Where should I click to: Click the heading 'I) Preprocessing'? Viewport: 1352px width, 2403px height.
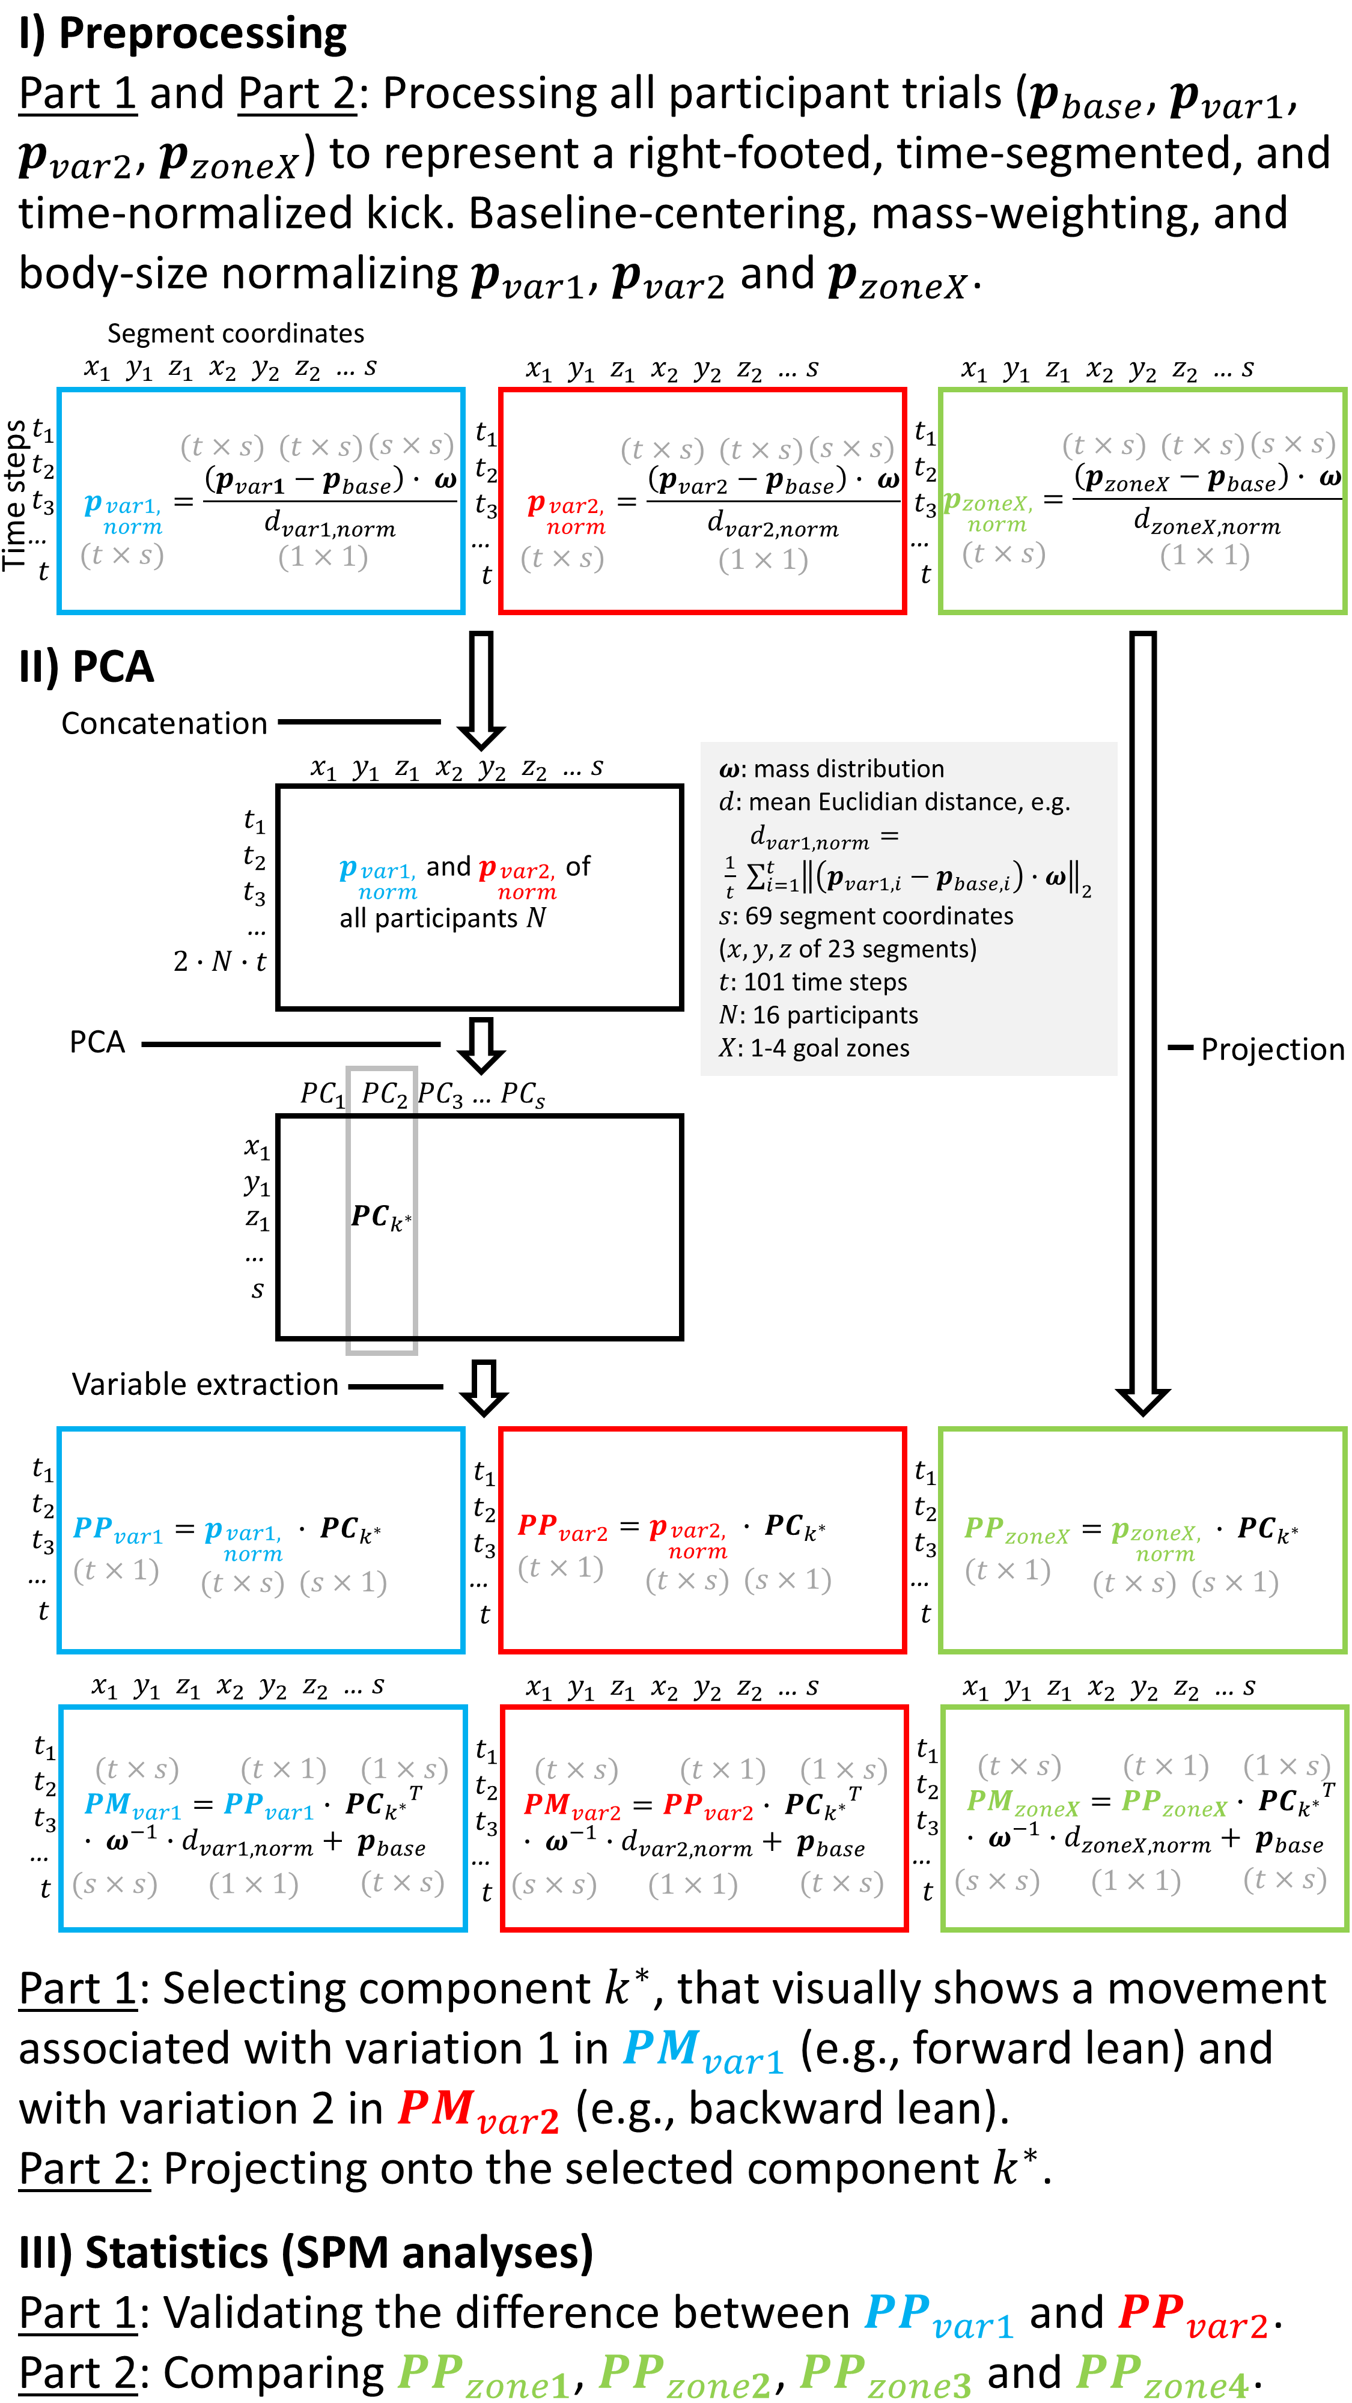[183, 34]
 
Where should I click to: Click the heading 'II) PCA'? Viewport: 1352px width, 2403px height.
[86, 667]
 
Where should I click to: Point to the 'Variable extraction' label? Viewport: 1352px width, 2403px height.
[206, 1384]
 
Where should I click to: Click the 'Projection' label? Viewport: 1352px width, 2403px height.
[1271, 1050]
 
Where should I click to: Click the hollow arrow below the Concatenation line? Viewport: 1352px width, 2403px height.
[481, 690]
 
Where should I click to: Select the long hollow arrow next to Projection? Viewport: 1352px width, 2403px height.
[1143, 1026]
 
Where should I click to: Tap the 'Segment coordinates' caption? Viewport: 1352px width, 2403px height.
[235, 333]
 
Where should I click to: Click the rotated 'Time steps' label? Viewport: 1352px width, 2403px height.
[15, 496]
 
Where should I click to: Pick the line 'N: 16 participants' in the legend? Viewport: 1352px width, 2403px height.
[818, 1015]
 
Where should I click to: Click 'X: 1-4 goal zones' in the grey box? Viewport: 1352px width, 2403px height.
[814, 1048]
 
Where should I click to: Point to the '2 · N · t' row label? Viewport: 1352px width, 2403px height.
[219, 962]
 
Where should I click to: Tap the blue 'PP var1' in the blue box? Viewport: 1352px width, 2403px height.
[118, 1530]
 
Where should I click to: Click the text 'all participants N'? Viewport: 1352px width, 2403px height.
[442, 919]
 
